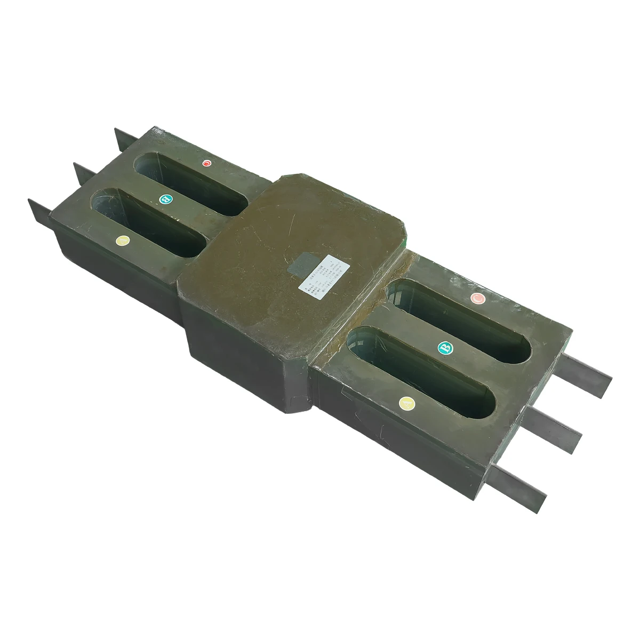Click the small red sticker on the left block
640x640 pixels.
[x=207, y=163]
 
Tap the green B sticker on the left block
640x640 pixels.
[x=166, y=199]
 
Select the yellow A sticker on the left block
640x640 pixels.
[x=123, y=241]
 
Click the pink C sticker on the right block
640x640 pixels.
[x=478, y=299]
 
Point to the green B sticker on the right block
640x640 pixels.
[x=446, y=348]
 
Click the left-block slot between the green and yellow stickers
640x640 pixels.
[x=149, y=219]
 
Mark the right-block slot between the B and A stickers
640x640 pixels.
[x=421, y=373]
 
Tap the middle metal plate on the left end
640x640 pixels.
[x=85, y=172]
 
